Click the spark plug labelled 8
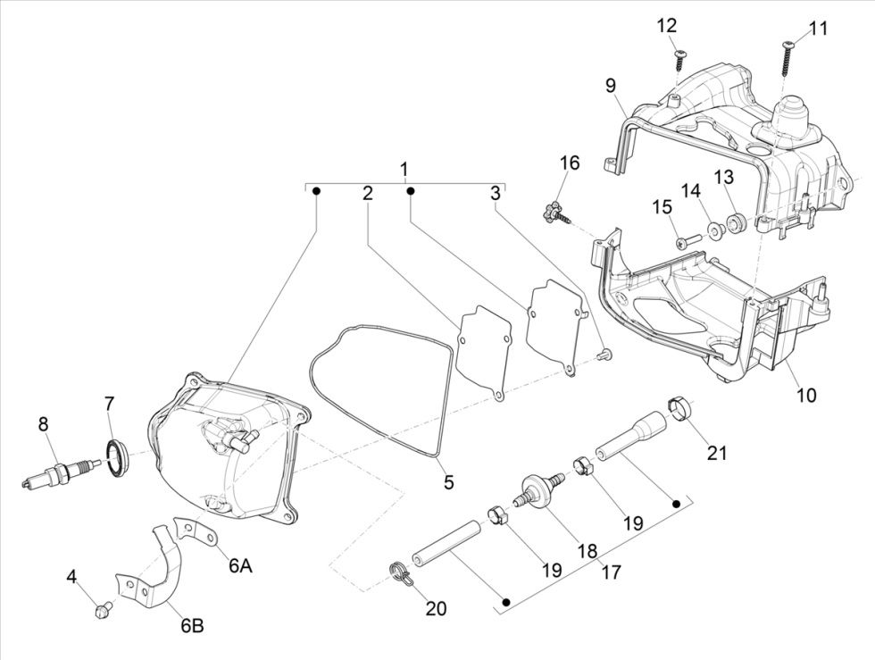(x=59, y=472)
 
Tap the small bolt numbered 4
(x=103, y=610)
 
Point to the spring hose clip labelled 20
(x=403, y=574)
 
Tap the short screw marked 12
(x=679, y=60)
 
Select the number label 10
(x=806, y=394)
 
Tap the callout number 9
(x=611, y=86)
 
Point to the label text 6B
(x=193, y=625)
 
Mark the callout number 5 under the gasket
(x=448, y=482)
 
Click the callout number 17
(x=611, y=571)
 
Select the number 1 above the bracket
(x=404, y=169)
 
